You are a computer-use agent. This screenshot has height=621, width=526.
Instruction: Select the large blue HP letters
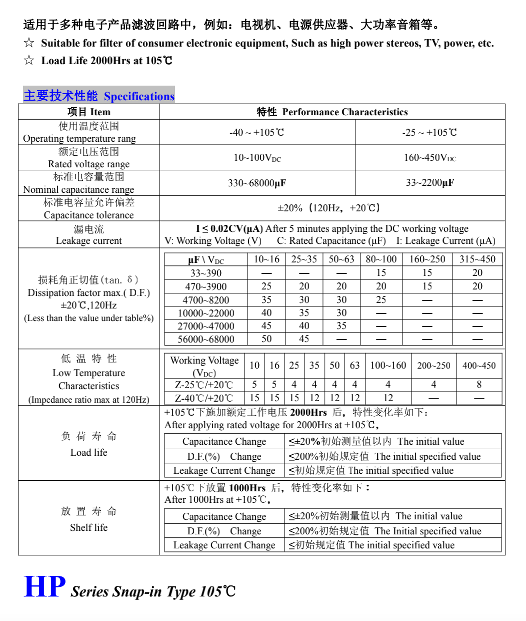(x=44, y=587)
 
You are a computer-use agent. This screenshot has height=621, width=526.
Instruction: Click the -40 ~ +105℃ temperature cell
(x=256, y=133)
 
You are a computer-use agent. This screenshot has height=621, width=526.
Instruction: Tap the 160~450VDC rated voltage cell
(x=430, y=158)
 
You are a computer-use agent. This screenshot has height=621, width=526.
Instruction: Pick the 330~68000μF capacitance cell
(x=256, y=183)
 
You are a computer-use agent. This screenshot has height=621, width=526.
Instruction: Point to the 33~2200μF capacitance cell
(x=430, y=183)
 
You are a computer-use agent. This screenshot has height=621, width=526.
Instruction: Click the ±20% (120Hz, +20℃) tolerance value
(x=330, y=208)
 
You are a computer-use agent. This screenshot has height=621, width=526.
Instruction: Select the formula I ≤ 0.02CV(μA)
(x=229, y=229)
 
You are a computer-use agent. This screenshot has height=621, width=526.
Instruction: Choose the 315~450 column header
(x=477, y=259)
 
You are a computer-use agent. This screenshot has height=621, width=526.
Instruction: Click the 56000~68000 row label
(x=206, y=339)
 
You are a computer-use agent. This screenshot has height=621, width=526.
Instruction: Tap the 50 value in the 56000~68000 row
(x=266, y=339)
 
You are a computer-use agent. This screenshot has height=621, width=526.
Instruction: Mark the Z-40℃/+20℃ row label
(x=204, y=398)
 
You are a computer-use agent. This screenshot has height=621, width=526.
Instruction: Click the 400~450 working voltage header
(x=479, y=366)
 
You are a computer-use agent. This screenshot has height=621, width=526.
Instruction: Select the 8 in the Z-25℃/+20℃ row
(x=479, y=385)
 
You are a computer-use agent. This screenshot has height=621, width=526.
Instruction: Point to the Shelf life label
(x=88, y=527)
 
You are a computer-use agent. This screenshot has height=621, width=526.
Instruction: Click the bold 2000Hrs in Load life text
(x=308, y=413)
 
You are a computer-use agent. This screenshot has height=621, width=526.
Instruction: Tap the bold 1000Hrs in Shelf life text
(x=247, y=488)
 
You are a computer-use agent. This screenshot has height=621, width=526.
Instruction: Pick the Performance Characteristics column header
(x=345, y=112)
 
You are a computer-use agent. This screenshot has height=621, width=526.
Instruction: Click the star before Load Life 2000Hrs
(x=29, y=61)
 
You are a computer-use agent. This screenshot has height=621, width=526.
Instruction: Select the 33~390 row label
(x=206, y=273)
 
